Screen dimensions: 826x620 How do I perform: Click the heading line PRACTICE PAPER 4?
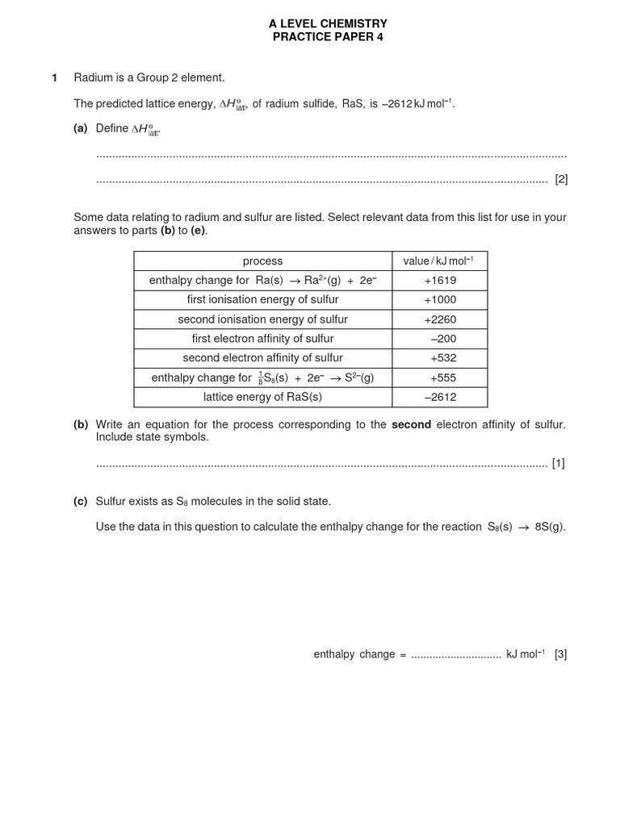click(328, 37)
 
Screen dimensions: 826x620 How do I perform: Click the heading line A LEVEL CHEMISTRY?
click(328, 24)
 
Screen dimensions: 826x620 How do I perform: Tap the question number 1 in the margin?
click(55, 77)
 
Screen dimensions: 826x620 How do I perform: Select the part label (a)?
click(81, 128)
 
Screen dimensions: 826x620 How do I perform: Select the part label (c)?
click(81, 501)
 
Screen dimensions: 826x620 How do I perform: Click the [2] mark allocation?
click(561, 179)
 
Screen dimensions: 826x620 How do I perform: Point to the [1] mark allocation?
click(558, 463)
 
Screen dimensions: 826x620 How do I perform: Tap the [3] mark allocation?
click(560, 654)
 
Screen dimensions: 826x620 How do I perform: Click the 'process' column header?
click(262, 261)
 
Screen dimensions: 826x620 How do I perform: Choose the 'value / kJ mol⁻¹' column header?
click(439, 261)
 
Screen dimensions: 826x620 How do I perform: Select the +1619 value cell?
click(440, 280)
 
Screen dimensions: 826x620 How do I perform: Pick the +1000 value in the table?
click(440, 299)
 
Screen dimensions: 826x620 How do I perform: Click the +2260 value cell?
click(440, 319)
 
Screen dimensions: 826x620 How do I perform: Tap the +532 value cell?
click(443, 358)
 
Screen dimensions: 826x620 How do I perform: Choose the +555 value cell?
click(443, 378)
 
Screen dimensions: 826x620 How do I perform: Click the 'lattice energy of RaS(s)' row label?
click(262, 397)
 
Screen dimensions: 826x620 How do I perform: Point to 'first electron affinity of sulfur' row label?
click(262, 339)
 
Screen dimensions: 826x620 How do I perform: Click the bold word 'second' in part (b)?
click(411, 424)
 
